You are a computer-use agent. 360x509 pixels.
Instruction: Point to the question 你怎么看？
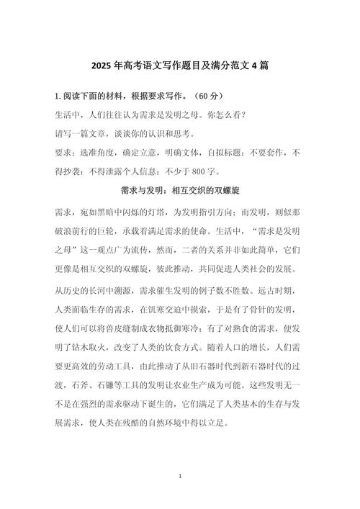tap(225, 114)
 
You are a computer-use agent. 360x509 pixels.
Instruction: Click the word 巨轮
tap(129, 233)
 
